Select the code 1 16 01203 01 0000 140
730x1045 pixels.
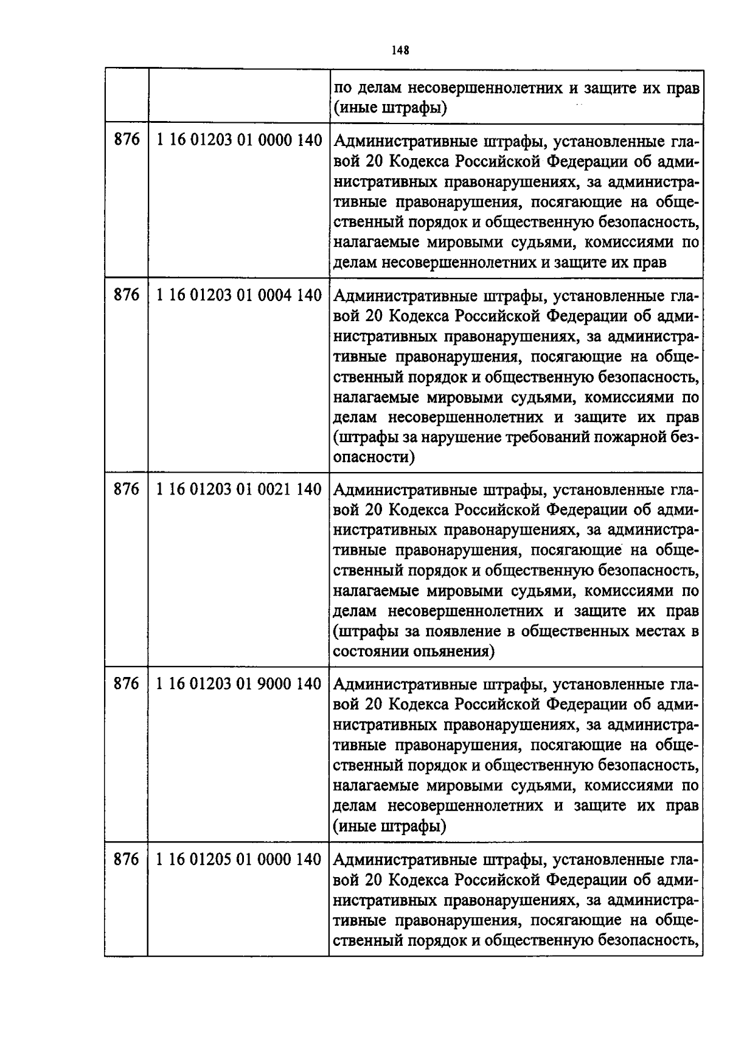[238, 141]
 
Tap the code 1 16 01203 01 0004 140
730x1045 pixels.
[238, 296]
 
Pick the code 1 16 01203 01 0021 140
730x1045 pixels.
[238, 489]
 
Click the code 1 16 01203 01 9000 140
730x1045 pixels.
[238, 684]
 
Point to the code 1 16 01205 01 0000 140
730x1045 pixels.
[238, 859]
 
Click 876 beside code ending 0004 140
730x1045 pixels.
[127, 296]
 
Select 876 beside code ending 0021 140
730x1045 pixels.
[127, 489]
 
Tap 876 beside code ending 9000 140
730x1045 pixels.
[127, 684]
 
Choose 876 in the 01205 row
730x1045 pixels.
[127, 859]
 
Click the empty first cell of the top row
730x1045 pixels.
[126, 96]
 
